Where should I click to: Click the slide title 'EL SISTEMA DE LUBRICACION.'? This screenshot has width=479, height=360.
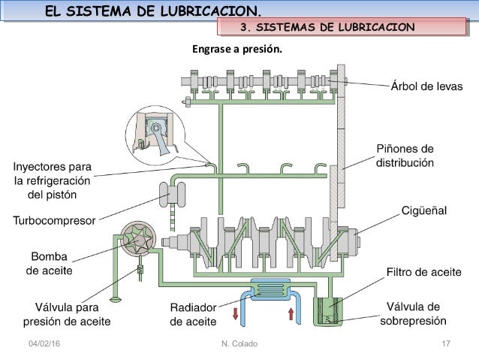(154, 10)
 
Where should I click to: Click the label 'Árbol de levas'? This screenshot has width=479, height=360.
(425, 85)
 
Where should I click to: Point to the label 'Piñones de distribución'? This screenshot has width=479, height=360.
(405, 155)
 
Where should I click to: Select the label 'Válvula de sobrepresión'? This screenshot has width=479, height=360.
(417, 314)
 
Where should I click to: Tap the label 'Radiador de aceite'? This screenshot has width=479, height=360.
(193, 315)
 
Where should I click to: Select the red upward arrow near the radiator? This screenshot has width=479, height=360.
(291, 313)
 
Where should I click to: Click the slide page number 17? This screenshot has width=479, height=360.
(446, 343)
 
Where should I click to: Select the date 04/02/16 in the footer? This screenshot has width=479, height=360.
(42, 343)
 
